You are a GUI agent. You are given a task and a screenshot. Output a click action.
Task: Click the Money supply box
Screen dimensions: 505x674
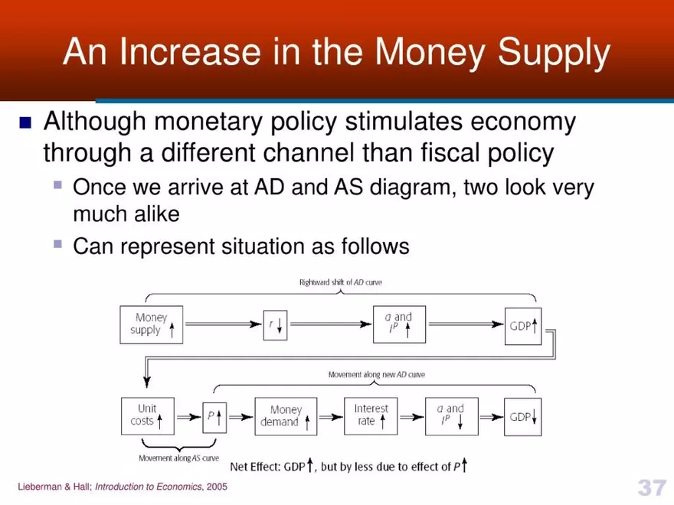click(152, 324)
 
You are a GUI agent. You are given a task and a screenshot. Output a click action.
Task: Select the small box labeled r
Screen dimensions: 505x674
click(274, 324)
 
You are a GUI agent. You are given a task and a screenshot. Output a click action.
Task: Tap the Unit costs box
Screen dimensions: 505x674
click(147, 416)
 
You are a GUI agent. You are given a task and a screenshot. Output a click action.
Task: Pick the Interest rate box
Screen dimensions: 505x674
click(371, 416)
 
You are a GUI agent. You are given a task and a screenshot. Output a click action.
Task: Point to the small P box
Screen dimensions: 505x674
click(214, 417)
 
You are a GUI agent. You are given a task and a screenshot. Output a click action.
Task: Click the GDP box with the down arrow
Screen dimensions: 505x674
click(523, 417)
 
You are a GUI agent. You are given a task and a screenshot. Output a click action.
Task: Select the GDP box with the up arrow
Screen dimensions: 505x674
click(523, 324)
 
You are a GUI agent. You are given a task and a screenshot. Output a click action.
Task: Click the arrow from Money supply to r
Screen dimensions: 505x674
click(223, 324)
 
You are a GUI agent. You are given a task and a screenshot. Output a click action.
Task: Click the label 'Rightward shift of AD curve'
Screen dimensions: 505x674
click(340, 282)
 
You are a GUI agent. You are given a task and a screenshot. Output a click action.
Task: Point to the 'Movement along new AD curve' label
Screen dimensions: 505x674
click(376, 375)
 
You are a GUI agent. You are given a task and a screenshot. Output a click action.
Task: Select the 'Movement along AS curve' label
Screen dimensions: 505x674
click(178, 458)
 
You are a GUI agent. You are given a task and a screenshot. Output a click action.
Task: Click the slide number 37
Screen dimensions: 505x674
click(651, 487)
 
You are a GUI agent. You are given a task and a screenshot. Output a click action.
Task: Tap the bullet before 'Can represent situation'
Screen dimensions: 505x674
click(57, 245)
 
